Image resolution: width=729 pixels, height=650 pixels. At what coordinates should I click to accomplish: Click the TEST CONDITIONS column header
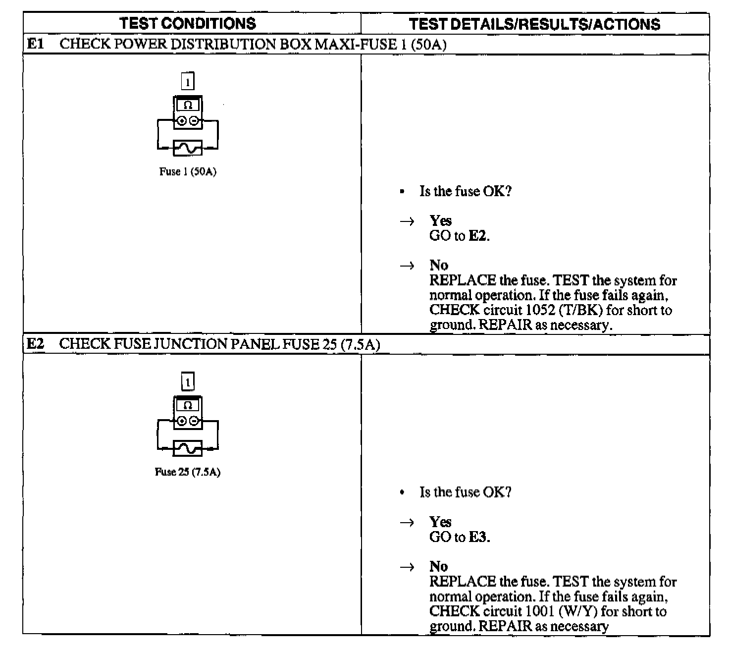(188, 23)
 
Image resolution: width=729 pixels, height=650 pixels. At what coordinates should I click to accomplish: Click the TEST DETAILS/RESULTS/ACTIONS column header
(534, 24)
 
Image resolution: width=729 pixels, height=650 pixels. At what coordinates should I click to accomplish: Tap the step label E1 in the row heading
(35, 44)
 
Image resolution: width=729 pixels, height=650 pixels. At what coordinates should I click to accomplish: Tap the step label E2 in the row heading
(35, 344)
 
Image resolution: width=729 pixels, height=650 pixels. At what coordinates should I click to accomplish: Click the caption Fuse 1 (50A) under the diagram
(188, 172)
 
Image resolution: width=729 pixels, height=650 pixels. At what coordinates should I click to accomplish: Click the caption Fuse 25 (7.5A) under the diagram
(188, 472)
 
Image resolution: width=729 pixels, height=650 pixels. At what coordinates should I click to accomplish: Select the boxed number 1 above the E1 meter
(188, 81)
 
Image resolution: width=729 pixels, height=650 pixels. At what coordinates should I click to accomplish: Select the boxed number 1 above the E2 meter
(188, 382)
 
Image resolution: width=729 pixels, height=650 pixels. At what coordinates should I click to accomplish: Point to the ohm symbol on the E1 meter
(188, 105)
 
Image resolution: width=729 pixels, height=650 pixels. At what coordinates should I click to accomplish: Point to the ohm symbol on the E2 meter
(188, 405)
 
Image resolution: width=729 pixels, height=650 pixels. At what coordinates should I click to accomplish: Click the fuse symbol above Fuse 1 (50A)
(188, 147)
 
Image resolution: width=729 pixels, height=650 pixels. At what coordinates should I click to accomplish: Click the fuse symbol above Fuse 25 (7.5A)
(188, 448)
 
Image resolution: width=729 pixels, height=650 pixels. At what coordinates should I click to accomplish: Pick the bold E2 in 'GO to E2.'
(477, 236)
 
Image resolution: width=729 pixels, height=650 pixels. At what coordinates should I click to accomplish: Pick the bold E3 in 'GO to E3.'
(478, 538)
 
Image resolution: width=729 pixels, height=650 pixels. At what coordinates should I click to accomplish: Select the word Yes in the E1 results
(440, 221)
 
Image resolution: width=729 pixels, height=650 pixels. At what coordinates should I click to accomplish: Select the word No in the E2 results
(438, 566)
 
